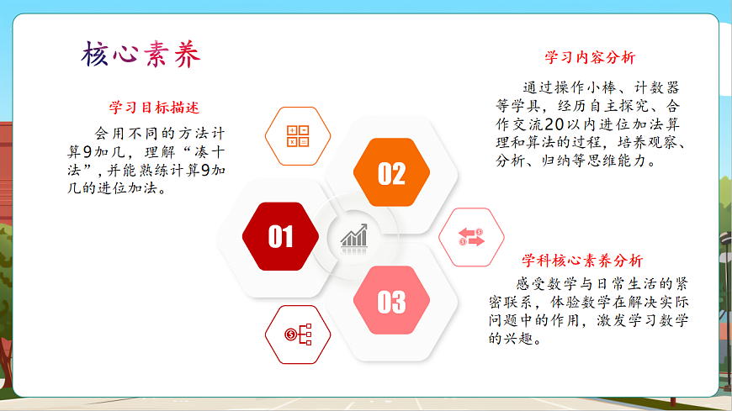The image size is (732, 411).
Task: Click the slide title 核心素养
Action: click(x=141, y=55)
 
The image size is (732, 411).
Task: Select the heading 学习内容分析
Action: click(x=590, y=57)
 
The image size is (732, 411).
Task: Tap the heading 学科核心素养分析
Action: click(x=582, y=261)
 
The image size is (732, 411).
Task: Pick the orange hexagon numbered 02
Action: click(x=391, y=173)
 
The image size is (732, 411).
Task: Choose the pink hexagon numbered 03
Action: click(x=391, y=301)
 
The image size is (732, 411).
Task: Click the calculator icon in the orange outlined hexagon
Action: click(x=298, y=135)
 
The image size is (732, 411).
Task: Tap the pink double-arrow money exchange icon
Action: click(x=472, y=237)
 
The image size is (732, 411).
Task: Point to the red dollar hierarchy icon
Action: click(x=298, y=335)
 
